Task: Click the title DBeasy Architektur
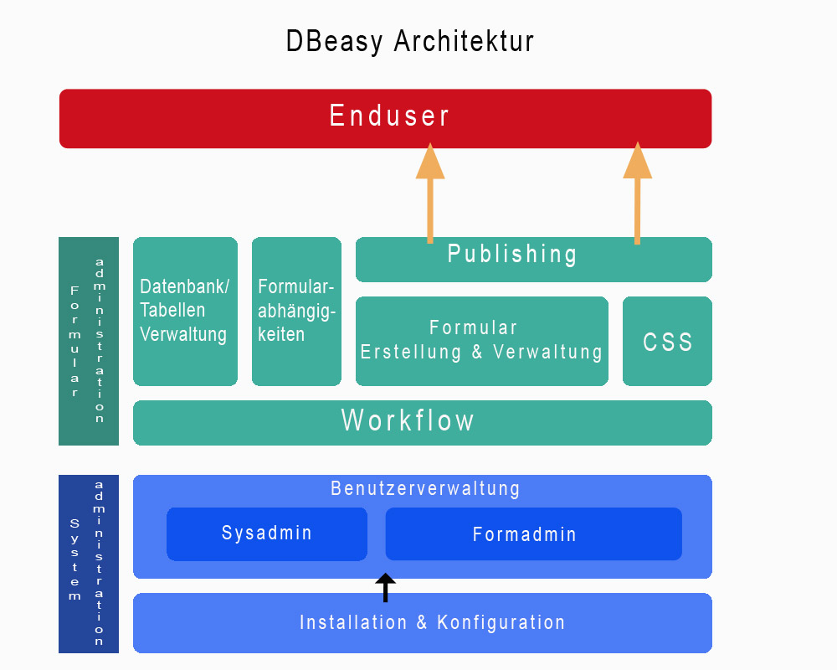click(x=409, y=42)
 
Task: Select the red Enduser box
click(x=385, y=118)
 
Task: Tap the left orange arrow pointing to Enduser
click(x=430, y=197)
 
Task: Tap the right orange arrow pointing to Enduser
click(x=637, y=197)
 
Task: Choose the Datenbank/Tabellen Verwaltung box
click(x=185, y=311)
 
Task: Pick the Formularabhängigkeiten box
click(x=296, y=311)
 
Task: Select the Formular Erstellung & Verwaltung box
click(x=481, y=341)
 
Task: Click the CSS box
click(x=667, y=342)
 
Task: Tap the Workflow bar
click(x=422, y=422)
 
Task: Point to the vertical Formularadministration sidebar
click(x=88, y=341)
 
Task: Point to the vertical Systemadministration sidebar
click(x=88, y=564)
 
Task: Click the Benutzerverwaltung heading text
click(x=425, y=488)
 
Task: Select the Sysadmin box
click(x=266, y=533)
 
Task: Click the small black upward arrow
click(x=385, y=587)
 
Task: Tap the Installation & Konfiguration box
click(x=422, y=623)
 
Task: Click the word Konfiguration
click(x=501, y=623)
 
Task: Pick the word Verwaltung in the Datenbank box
click(x=183, y=335)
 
